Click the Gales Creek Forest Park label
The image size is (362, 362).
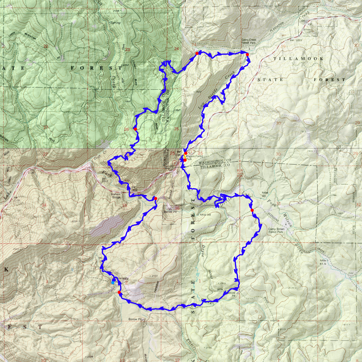tap(249, 41)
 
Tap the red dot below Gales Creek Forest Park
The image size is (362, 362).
tap(247, 54)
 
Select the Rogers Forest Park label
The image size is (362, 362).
tap(195, 157)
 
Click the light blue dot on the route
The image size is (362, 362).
tap(113, 283)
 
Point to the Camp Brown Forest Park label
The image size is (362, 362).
tap(276, 230)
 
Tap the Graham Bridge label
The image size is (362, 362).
tap(116, 195)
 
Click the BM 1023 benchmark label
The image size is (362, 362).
tap(296, 40)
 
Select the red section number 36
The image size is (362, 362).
tap(177, 208)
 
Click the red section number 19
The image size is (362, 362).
tap(283, 46)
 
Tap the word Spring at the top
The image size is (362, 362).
tap(115, 23)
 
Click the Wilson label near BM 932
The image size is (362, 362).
tap(307, 30)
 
